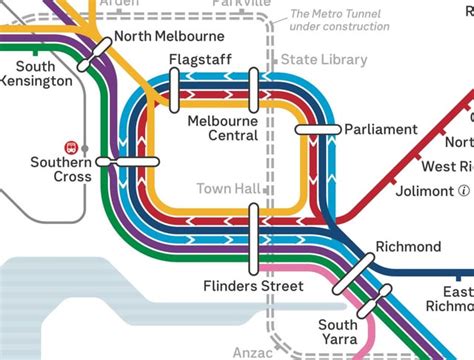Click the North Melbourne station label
pos(168,37)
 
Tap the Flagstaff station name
pos(195,60)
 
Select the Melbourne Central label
pos(222,128)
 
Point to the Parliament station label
pos(380,130)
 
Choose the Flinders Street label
pos(252,286)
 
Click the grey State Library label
pos(323,60)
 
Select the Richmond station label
pos(408,219)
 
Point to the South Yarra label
pos(338,332)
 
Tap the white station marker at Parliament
pos(319,130)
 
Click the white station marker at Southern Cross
pos(134,160)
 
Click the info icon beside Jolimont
pos(463,190)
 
